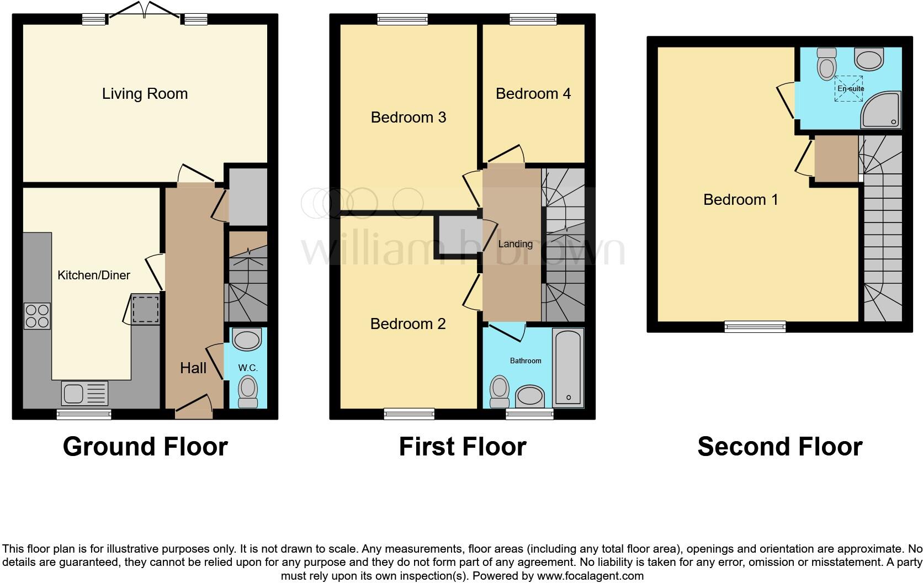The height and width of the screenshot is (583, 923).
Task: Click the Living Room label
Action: [145, 94]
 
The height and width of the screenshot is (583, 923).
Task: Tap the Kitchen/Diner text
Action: [94, 275]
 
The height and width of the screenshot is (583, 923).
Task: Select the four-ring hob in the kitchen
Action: [37, 316]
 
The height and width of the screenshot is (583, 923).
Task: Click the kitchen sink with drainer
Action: [84, 394]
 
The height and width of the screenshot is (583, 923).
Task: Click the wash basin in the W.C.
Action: [247, 340]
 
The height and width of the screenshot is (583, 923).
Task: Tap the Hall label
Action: [193, 368]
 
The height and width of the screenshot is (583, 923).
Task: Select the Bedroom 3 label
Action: [408, 117]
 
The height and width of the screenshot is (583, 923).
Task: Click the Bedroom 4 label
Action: [533, 94]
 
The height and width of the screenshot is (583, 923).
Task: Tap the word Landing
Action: [515, 243]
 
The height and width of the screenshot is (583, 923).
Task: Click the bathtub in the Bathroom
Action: [569, 367]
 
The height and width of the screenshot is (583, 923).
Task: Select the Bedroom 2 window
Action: [409, 414]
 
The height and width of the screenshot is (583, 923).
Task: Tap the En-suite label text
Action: [851, 88]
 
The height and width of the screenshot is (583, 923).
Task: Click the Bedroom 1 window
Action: [755, 327]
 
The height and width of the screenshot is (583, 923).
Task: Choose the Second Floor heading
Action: [779, 447]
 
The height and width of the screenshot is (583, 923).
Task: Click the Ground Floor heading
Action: [145, 447]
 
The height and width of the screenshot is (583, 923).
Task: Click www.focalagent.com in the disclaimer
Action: [590, 576]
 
